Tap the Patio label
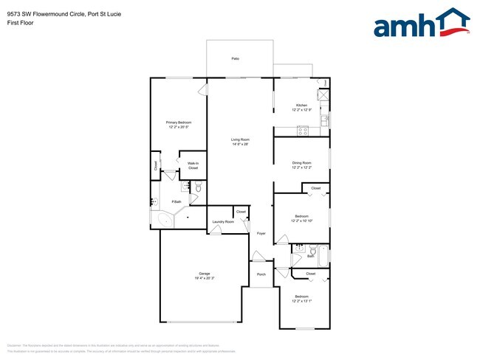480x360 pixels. pos(235,58)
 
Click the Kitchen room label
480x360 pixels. pos(301,106)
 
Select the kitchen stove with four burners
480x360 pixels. pos(302,131)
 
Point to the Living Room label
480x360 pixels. pos(240,139)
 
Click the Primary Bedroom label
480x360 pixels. pos(178,122)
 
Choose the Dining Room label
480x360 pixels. pos(301,163)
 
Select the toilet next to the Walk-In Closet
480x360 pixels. pos(198,189)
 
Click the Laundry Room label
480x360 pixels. pos(223,221)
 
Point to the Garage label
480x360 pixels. pos(204,274)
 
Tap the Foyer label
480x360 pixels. pos(261,234)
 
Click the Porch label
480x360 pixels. pos(261,274)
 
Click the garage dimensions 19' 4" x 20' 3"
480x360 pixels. pos(205,278)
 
